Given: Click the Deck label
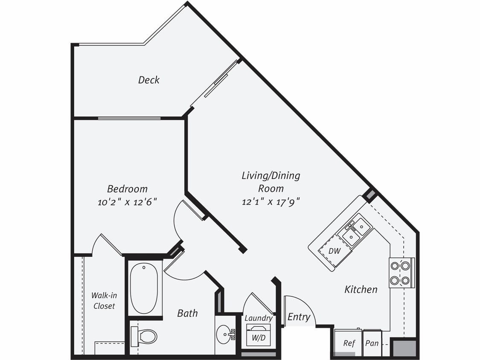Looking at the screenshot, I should (149, 80).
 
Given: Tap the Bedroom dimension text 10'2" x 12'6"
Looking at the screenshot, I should (127, 202).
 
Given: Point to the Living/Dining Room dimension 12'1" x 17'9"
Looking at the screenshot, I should (271, 202).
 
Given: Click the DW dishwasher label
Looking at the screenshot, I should (335, 251).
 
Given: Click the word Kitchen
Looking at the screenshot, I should (361, 290).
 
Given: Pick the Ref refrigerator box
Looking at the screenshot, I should (349, 343).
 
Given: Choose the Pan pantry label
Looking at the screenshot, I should (372, 343).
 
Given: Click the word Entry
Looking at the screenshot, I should (299, 317).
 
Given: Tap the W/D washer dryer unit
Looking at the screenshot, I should (259, 336).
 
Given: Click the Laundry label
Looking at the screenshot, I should (259, 318).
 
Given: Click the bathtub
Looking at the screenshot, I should (144, 289).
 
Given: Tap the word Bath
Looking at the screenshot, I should (188, 314).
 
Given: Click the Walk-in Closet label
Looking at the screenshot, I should (104, 301).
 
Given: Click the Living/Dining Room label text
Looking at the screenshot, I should (271, 182).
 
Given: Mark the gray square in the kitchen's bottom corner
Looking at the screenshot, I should (403, 347).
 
